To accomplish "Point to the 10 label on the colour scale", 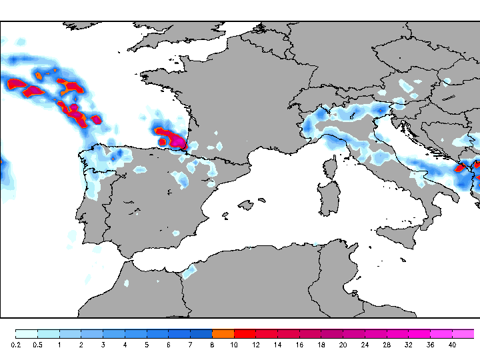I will pyautogui.click(x=234, y=345).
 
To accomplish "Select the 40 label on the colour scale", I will pyautogui.click(x=451, y=345).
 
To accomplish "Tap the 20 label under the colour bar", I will pyautogui.click(x=343, y=345).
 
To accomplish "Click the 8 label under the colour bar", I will pyautogui.click(x=212, y=345).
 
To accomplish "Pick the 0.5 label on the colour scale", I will pyautogui.click(x=38, y=345).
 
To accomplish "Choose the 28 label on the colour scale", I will pyautogui.click(x=386, y=345).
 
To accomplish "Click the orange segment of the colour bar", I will pyautogui.click(x=223, y=333).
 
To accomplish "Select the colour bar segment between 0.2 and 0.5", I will pyautogui.click(x=27, y=333).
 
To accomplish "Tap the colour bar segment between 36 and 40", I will pyautogui.click(x=441, y=333).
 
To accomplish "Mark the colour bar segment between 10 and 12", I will pyautogui.click(x=245, y=333).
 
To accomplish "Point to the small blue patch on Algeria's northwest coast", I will pyautogui.click(x=190, y=271).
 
